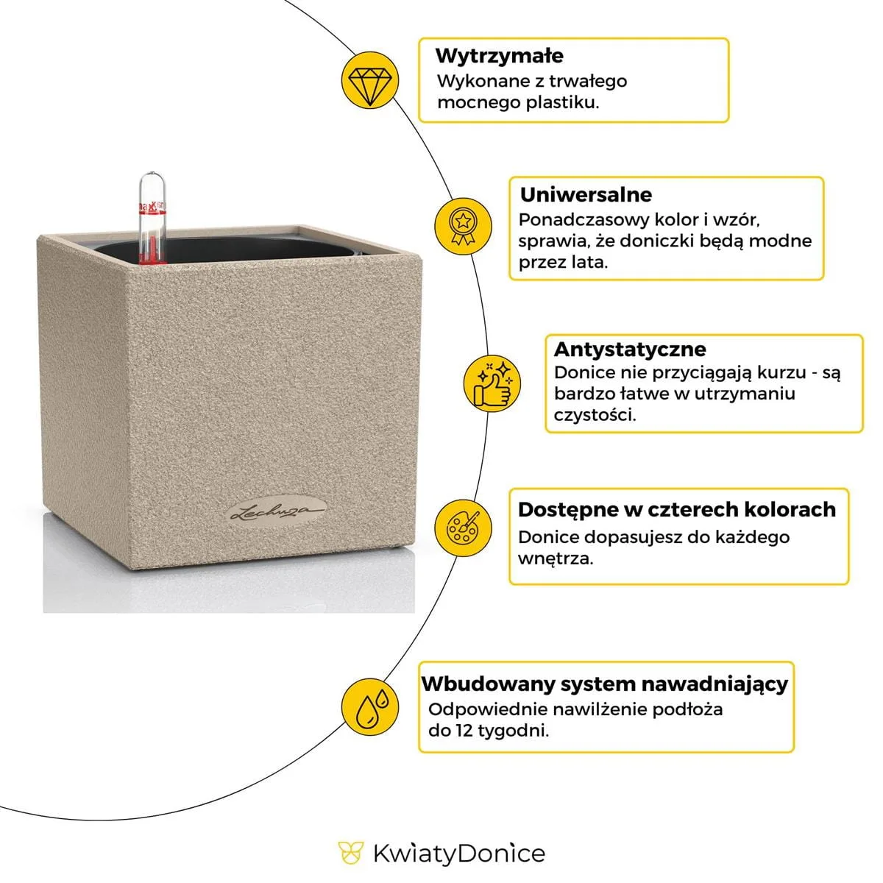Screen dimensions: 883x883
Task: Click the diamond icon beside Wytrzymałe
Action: pos(370,79)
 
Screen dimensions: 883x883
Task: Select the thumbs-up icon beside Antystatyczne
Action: pos(492,382)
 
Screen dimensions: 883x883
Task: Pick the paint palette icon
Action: pos(462,526)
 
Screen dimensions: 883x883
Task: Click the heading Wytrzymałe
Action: pos(499,56)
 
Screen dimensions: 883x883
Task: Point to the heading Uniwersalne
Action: pos(586,195)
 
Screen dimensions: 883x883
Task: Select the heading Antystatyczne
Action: pos(629,349)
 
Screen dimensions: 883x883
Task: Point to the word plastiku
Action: pos(562,102)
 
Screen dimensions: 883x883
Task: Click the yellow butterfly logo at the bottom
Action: pos(351,854)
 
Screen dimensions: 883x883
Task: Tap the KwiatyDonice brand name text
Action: pos(458,854)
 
